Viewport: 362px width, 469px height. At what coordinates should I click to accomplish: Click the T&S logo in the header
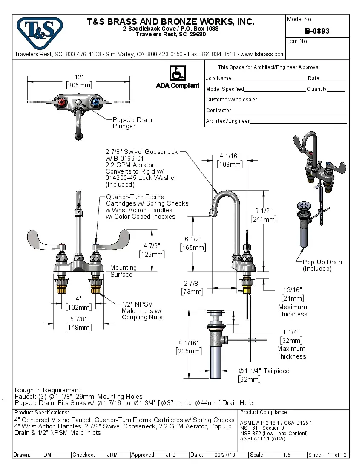pos(39,30)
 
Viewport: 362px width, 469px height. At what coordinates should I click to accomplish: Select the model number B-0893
pos(317,31)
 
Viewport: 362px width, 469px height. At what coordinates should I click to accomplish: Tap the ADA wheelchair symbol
pos(177,73)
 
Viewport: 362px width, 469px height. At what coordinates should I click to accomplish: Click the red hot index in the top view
pos(63,102)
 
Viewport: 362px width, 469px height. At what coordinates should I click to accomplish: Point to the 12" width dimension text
pos(79,77)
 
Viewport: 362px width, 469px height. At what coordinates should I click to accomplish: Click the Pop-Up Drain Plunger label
pos(132,123)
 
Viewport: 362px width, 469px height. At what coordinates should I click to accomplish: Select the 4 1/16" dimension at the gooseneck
pos(230,156)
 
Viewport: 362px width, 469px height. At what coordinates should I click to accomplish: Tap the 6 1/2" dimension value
pos(193,239)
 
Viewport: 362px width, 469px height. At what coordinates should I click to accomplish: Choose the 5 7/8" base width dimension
pos(78,319)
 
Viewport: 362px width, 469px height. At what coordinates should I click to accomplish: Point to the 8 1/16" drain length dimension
pos(188,343)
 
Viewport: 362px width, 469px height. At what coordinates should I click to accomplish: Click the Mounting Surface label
pos(123,271)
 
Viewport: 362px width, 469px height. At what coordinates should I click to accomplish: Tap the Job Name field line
pos(269,79)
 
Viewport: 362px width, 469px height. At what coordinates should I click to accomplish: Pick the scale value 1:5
pos(287,455)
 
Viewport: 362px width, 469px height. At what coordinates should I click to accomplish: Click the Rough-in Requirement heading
pos(48,390)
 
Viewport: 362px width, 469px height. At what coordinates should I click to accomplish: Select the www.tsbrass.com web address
pos(262,54)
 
